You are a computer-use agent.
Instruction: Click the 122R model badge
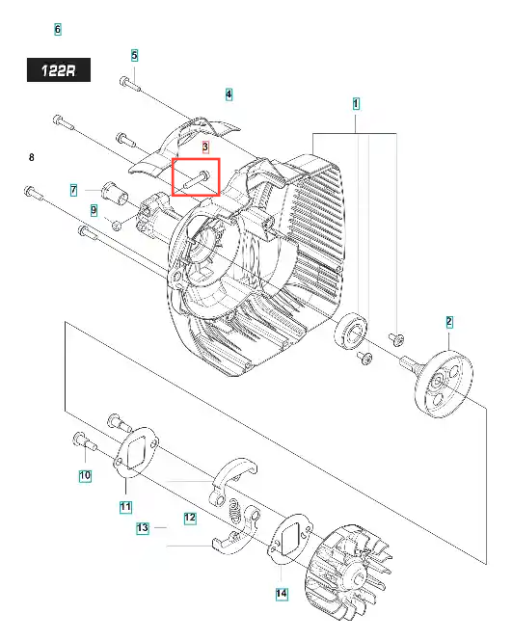tap(59, 69)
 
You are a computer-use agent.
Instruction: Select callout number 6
tap(58, 29)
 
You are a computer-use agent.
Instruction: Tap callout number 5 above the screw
tap(134, 55)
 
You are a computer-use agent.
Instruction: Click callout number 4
tap(229, 94)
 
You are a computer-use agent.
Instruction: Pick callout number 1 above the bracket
tap(356, 104)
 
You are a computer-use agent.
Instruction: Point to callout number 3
tap(205, 147)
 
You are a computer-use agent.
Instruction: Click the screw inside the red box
tap(196, 179)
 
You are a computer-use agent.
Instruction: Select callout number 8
tap(32, 157)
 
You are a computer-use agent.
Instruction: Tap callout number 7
tap(73, 190)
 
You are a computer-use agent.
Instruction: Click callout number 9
tap(94, 210)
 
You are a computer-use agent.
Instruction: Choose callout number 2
tap(449, 322)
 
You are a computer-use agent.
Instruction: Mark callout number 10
tap(85, 475)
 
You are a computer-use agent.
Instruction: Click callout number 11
tap(125, 507)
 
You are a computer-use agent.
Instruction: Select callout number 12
tap(190, 518)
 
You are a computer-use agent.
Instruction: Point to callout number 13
tap(142, 528)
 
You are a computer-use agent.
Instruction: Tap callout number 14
tap(282, 593)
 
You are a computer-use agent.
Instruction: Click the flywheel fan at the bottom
tap(349, 572)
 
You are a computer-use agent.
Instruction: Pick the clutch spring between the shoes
tap(235, 511)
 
